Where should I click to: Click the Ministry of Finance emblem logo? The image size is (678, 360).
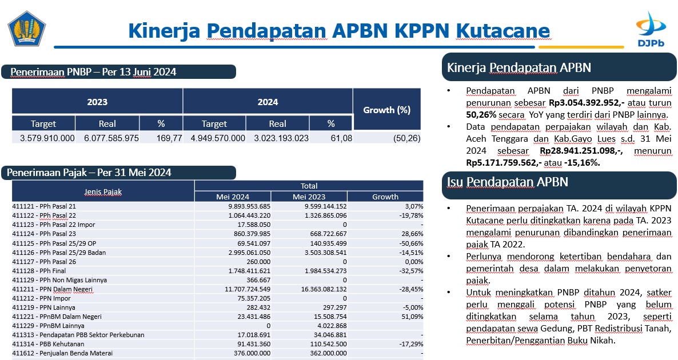pos(27,29)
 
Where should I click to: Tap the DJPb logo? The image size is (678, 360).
pos(651,29)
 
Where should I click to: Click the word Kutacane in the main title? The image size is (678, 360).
pos(503,31)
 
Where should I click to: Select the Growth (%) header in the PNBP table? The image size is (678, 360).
pos(386,110)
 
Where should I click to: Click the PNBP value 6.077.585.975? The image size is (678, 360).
pos(111,138)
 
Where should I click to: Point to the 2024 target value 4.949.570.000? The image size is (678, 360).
pos(218,138)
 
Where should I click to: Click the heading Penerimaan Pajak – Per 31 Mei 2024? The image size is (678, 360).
pos(89,173)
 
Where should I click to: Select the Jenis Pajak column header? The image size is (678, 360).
pos(103,191)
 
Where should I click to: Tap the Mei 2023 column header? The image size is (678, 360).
pos(309,197)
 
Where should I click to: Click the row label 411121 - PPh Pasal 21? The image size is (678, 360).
pos(43,206)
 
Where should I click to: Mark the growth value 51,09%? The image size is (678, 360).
pos(412,317)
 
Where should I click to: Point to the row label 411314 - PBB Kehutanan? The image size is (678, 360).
pos(48,344)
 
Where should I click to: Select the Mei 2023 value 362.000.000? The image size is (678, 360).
pos(326,353)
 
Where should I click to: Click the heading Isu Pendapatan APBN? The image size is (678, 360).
pos(507,182)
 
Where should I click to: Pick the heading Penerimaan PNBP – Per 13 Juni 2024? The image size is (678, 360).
pos(93,72)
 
